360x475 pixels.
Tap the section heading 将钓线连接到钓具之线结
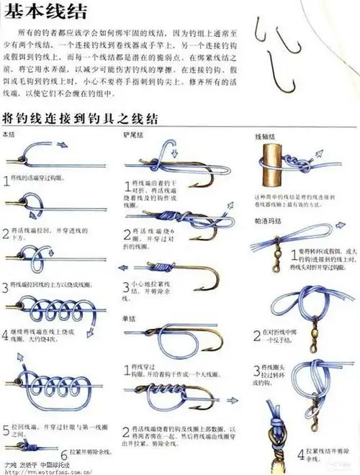80,118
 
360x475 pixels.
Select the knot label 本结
9,135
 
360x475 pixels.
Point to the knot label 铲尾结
133,135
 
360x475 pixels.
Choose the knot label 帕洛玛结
265,220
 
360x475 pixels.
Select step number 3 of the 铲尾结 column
128,287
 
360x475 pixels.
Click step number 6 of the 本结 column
64,453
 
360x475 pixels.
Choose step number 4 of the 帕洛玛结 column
302,454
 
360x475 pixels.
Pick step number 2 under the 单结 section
127,431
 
